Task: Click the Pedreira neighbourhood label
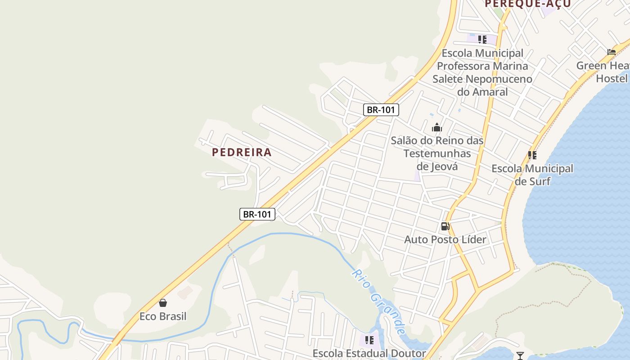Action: coord(242,152)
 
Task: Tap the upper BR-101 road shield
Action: coord(381,110)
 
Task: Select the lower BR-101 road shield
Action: coord(257,214)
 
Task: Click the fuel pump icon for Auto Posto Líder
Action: coord(445,226)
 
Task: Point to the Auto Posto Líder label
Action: coord(445,239)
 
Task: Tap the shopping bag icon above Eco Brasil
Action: coord(163,303)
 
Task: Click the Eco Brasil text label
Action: coord(163,316)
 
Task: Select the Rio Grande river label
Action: coord(378,301)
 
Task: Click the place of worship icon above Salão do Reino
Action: coord(437,127)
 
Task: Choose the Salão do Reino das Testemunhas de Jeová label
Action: coord(437,153)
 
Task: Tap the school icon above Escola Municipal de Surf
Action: coord(532,155)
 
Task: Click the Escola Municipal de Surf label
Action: coord(532,175)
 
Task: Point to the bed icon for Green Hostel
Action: coord(612,52)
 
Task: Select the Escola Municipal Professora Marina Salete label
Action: coord(482,72)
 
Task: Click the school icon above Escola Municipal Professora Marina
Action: coord(482,40)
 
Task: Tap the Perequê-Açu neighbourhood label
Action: coord(528,4)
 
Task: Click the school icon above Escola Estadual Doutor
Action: coord(369,340)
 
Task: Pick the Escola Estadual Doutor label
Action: coord(369,354)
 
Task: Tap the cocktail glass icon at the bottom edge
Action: coord(520,355)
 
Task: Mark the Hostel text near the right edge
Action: coord(612,79)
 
